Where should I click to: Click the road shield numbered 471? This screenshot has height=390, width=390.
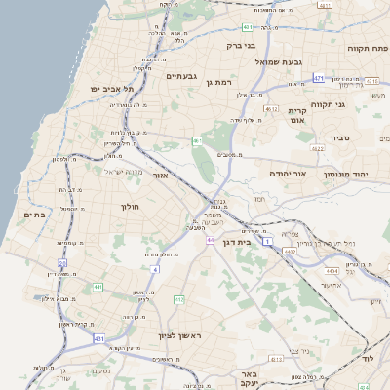point(319,77)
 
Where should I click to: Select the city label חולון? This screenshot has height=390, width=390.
point(131,207)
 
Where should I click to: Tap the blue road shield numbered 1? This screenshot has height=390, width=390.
point(267,225)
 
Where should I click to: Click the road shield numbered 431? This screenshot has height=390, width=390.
point(99,337)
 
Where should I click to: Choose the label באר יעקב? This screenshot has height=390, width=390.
point(251,379)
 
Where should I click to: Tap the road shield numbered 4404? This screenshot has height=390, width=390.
point(331,268)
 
